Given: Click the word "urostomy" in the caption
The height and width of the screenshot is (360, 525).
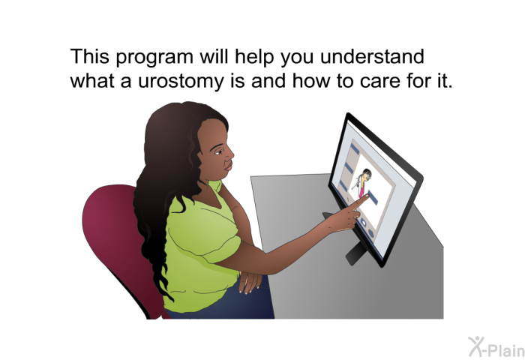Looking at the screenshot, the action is (x=180, y=82).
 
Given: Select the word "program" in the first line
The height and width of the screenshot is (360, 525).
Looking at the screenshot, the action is (x=154, y=58).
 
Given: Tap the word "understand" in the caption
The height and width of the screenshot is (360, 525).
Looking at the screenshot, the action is (x=372, y=56).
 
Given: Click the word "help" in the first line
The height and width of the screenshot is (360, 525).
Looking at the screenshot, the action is (x=255, y=57).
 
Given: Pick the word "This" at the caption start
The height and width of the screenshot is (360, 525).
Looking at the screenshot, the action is (x=90, y=56).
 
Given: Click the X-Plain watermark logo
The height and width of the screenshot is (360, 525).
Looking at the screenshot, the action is (x=496, y=347).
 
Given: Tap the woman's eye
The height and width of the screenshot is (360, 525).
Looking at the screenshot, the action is (x=217, y=152).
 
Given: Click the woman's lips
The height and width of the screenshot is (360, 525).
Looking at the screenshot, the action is (x=229, y=166).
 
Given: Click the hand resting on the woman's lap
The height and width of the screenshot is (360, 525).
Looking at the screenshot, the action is (x=250, y=282).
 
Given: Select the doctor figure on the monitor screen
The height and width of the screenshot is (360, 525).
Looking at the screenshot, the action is (x=361, y=183).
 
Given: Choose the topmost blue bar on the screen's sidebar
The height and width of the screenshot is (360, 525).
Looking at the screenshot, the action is (x=355, y=148).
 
